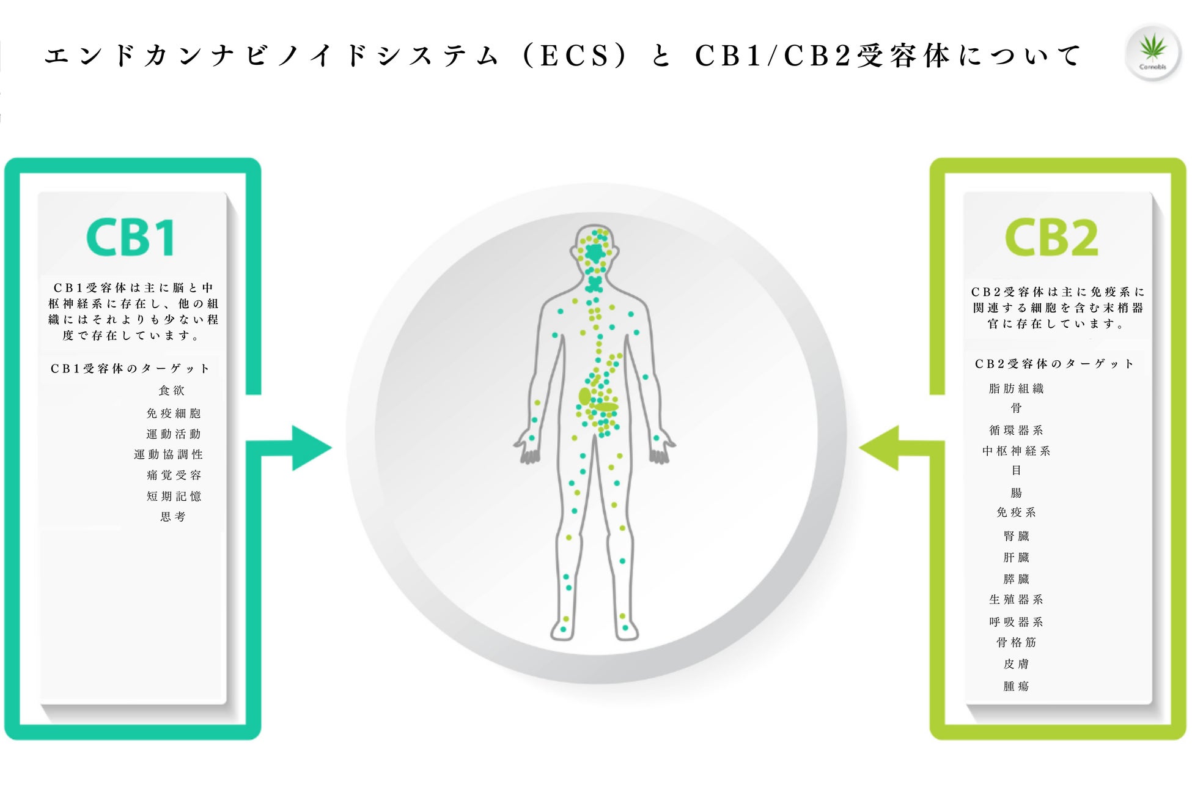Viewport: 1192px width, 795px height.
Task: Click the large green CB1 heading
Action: [131, 237]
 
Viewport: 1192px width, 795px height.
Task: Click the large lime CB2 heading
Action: [1051, 237]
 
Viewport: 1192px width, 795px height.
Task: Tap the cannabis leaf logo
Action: [1153, 51]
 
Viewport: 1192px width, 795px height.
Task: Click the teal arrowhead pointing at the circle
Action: [311, 448]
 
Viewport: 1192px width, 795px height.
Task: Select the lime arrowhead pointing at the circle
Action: [880, 448]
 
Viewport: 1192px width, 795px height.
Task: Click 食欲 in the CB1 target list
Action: [172, 390]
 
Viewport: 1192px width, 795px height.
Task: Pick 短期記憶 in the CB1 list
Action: [174, 496]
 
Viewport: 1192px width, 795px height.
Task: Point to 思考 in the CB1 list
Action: [173, 517]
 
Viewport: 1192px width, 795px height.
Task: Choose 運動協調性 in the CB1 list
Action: [169, 454]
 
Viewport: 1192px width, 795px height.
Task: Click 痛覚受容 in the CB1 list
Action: [174, 475]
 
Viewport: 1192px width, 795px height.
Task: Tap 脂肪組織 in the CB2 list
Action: [1017, 388]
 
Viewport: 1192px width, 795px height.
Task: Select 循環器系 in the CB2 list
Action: [1017, 430]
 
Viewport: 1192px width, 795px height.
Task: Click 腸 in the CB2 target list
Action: [1017, 492]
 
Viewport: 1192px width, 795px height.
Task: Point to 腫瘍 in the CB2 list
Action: [1017, 686]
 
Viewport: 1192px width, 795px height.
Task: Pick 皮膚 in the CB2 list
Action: [1017, 664]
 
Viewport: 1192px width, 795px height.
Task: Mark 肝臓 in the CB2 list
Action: [1017, 557]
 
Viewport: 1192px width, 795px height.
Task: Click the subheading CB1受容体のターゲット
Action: [130, 368]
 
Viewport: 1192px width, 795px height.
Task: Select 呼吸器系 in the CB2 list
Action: [1017, 622]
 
